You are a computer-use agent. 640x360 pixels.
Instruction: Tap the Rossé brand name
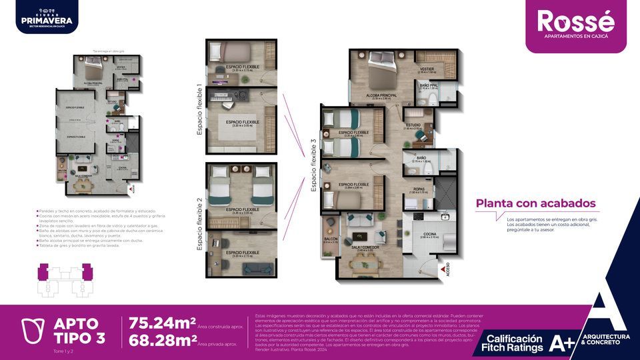[x=575, y=21]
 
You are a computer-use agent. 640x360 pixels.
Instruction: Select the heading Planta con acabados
[x=535, y=204]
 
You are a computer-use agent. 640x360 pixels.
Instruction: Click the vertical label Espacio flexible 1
[x=199, y=110]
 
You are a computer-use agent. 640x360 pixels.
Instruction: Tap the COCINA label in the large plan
[x=429, y=233]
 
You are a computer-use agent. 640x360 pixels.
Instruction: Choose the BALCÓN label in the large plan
[x=330, y=239]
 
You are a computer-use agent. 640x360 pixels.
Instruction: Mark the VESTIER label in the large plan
[x=427, y=69]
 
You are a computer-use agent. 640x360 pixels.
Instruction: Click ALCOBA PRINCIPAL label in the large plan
[x=382, y=96]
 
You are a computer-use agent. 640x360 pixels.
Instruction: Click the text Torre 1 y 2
[x=63, y=350]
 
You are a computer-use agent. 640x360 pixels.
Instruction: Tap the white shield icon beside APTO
[x=31, y=331]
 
